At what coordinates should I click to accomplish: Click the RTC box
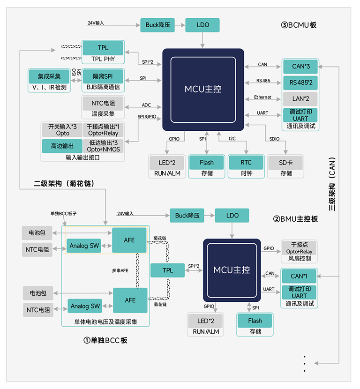pyautogui.click(x=246, y=163)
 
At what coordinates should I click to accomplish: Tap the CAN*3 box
pyautogui.click(x=300, y=67)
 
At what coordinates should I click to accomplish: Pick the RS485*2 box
pyautogui.click(x=300, y=82)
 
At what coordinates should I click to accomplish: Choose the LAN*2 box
pyautogui.click(x=300, y=99)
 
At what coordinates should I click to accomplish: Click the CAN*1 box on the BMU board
pyautogui.click(x=299, y=276)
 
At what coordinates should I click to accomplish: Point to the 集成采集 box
pyautogui.click(x=49, y=76)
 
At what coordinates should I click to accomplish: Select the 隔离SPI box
pyautogui.click(x=103, y=76)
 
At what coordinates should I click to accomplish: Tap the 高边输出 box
pyautogui.click(x=62, y=146)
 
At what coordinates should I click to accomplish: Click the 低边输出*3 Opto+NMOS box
pyautogui.click(x=103, y=146)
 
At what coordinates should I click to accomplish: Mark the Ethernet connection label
pyautogui.click(x=262, y=97)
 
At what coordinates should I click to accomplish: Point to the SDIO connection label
pyautogui.click(x=274, y=139)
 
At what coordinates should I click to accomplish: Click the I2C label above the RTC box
pyautogui.click(x=232, y=139)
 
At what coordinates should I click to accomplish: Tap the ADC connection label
pyautogui.click(x=146, y=105)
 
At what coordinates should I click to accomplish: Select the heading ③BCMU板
pyautogui.click(x=299, y=25)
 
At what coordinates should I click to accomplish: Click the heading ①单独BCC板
pyautogui.click(x=105, y=340)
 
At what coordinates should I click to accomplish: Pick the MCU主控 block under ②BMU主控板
pyautogui.click(x=232, y=270)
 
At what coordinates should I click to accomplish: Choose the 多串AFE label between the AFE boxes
pyautogui.click(x=120, y=271)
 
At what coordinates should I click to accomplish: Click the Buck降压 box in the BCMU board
pyautogui.click(x=157, y=25)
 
